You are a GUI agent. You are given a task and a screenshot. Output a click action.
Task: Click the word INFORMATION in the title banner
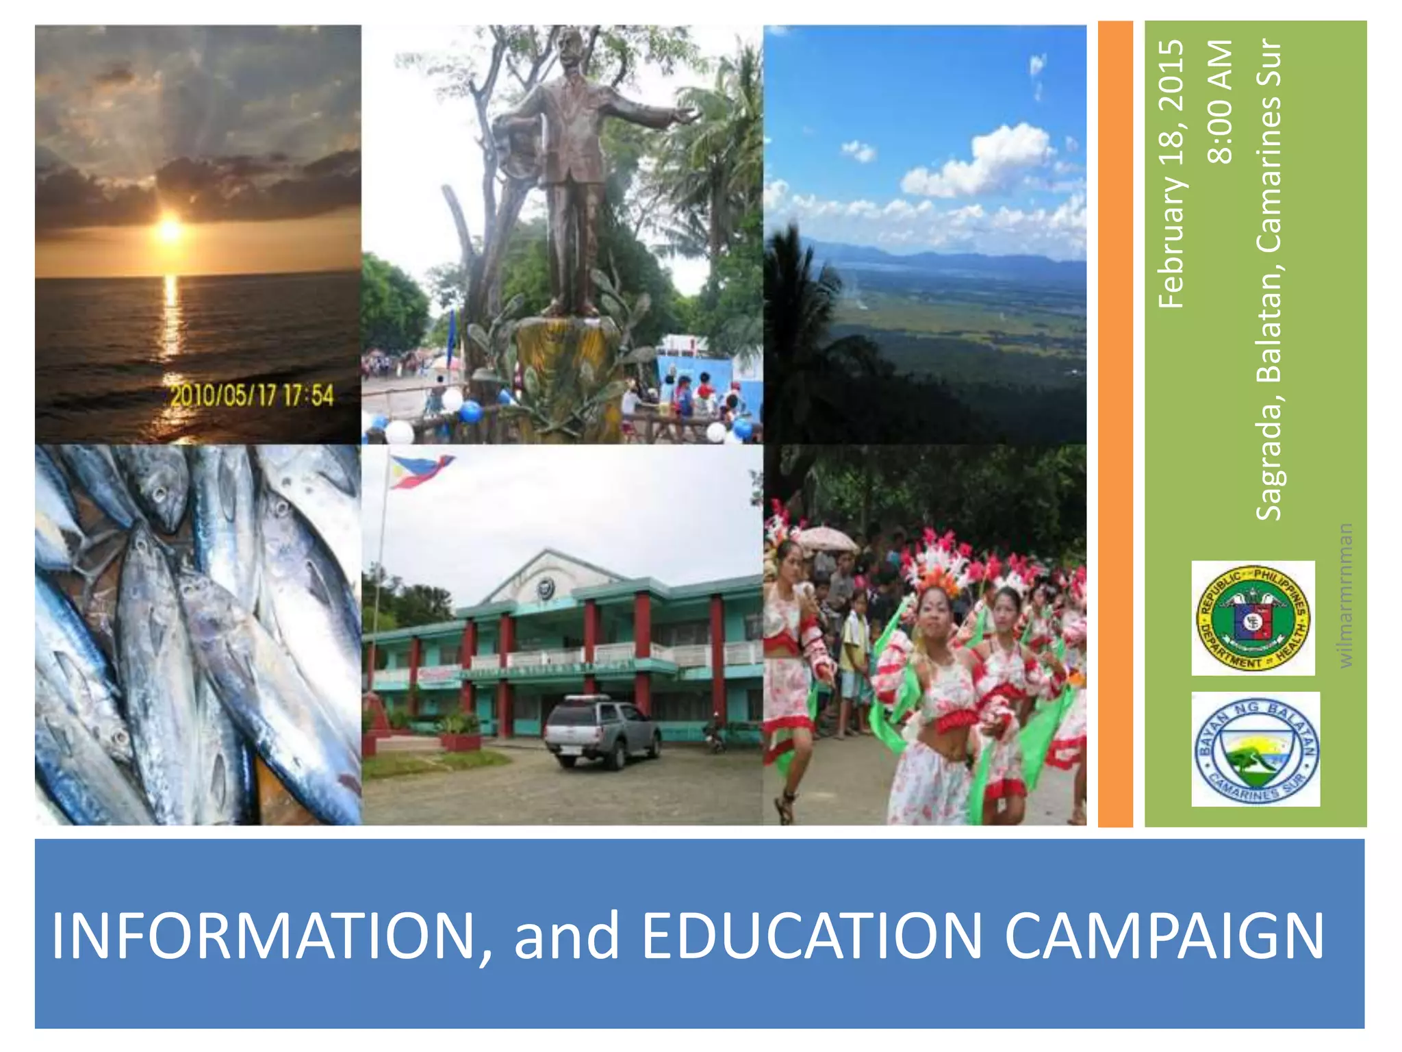point(263,936)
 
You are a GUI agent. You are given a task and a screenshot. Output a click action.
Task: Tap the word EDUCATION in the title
point(812,936)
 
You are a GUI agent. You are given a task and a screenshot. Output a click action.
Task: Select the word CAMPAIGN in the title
point(1164,936)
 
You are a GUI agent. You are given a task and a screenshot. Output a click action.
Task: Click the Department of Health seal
point(1253,618)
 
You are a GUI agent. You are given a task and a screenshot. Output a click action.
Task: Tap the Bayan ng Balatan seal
point(1256,749)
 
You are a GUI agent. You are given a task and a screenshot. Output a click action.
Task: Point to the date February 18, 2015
point(1171,174)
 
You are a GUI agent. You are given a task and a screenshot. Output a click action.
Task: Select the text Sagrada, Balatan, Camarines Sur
point(1269,279)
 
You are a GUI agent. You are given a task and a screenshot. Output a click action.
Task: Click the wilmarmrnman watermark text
point(1345,594)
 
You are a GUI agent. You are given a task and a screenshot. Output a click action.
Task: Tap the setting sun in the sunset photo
point(169,229)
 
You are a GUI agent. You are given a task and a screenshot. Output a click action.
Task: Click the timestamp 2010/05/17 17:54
point(252,396)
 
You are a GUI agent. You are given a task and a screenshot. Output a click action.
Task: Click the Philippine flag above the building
point(419,470)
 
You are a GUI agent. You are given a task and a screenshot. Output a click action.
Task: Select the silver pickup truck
point(602,730)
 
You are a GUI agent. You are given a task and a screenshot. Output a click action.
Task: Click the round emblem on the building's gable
point(546,588)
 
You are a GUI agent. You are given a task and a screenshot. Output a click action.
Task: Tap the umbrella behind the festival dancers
point(826,538)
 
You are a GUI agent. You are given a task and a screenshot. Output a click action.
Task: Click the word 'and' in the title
point(567,936)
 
